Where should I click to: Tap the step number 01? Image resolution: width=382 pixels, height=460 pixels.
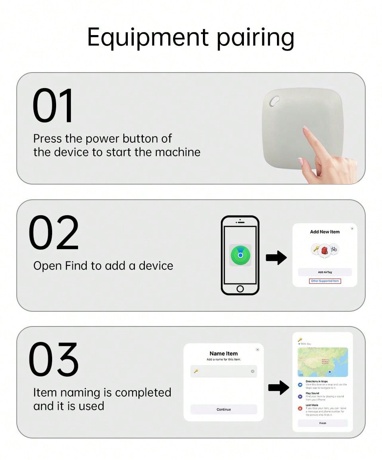click(x=53, y=106)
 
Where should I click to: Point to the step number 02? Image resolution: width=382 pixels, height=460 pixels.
click(x=54, y=233)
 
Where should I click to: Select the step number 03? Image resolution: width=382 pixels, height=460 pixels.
click(x=54, y=360)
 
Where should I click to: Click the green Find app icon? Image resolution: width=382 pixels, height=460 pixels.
click(x=240, y=255)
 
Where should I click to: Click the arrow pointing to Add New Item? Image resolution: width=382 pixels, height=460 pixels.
click(x=276, y=258)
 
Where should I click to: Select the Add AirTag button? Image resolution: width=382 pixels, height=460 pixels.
click(x=325, y=272)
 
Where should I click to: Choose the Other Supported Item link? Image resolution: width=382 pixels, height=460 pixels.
click(x=325, y=281)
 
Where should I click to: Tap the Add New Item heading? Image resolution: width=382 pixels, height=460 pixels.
click(x=325, y=232)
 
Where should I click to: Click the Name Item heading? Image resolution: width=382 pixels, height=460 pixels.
click(x=224, y=354)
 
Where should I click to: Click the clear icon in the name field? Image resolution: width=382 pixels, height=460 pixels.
click(x=252, y=372)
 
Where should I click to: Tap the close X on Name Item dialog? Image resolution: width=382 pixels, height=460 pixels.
click(x=257, y=350)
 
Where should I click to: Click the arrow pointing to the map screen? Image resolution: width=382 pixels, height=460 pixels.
click(x=279, y=387)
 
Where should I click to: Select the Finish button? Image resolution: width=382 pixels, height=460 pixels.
click(x=323, y=423)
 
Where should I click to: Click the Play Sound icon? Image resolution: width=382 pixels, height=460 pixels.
click(x=300, y=396)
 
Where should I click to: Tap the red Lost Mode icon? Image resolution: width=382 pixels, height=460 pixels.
click(x=300, y=408)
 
